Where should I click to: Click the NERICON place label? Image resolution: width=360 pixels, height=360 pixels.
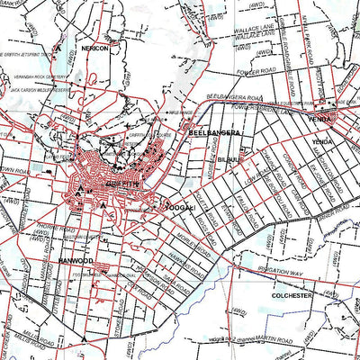tap(95, 49)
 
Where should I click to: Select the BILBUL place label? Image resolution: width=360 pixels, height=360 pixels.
tap(229, 158)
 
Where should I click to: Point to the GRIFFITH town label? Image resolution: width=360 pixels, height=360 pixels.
tap(121, 184)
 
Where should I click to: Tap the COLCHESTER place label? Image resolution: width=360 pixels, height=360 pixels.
tap(291, 294)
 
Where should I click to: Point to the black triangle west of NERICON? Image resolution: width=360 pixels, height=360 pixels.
tap(60, 45)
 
